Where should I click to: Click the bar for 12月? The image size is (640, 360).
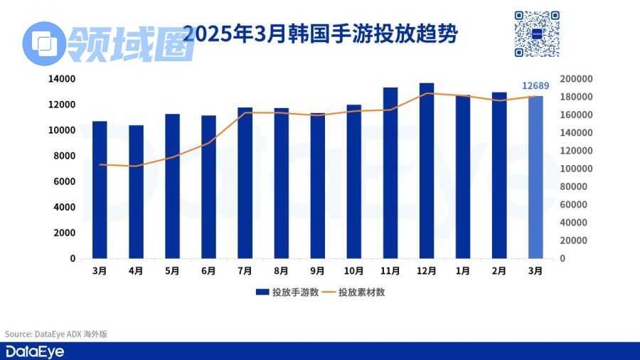coord(427,171)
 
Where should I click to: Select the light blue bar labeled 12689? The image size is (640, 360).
coord(535,177)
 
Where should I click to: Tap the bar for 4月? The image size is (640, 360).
coord(136,192)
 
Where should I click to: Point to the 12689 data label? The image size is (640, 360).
coord(535,86)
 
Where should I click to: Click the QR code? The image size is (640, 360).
coord(537,33)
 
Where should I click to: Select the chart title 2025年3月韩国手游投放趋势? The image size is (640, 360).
coord(320,33)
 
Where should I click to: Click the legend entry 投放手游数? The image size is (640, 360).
coord(284,292)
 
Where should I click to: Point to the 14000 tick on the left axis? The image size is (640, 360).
coord(63,79)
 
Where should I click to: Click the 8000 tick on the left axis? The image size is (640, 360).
coord(65,156)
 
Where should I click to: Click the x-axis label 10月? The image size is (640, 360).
coord(353,271)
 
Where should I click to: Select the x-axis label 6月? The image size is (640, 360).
coord(208,271)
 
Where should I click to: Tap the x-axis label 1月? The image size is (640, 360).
coord(463,271)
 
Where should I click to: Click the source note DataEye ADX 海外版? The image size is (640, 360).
coord(56,334)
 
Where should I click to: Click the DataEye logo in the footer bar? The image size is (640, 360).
coord(33,351)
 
